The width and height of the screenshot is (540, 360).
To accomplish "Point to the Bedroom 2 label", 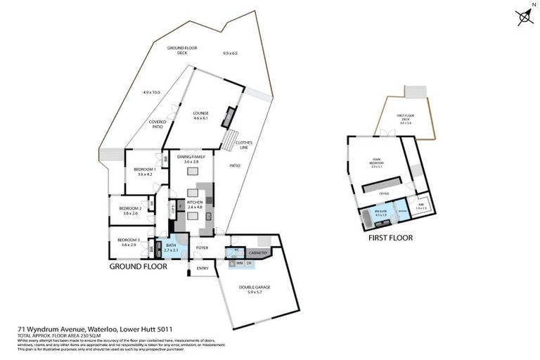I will [x=130, y=211].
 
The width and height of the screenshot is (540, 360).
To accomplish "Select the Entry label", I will [x=202, y=269].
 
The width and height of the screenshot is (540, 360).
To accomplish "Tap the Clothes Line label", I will [x=244, y=146].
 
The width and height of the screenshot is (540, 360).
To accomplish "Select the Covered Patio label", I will [x=157, y=124].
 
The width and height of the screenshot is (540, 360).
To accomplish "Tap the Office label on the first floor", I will [x=384, y=193].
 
